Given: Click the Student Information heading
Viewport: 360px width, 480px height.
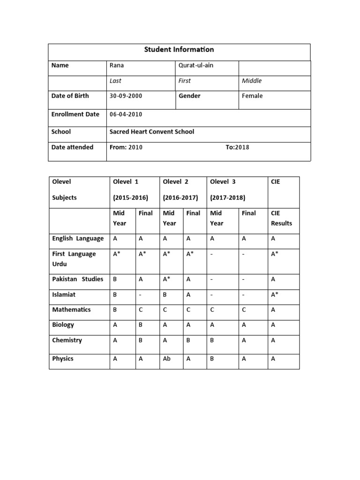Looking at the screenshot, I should pyautogui.click(x=179, y=50).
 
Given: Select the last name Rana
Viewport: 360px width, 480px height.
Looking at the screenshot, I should pyautogui.click(x=117, y=65).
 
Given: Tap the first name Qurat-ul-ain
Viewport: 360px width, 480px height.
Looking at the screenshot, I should pyautogui.click(x=195, y=65).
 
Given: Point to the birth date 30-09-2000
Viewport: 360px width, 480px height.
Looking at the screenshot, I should pyautogui.click(x=126, y=96).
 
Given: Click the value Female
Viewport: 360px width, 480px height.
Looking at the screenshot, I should pyautogui.click(x=252, y=96).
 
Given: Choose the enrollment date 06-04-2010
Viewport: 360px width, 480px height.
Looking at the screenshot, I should pyautogui.click(x=126, y=114).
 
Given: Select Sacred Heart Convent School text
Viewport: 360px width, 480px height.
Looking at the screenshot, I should pyautogui.click(x=151, y=132).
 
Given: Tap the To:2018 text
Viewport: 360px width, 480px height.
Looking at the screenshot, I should pyautogui.click(x=237, y=147).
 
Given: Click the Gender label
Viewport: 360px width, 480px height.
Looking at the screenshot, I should pyautogui.click(x=189, y=96).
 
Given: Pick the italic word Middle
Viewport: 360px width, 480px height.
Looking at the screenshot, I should pyautogui.click(x=252, y=81).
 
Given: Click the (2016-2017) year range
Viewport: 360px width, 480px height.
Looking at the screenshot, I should pyautogui.click(x=180, y=197).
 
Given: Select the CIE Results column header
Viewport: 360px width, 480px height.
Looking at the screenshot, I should pyautogui.click(x=281, y=218).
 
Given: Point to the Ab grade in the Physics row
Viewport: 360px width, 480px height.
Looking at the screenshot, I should pyautogui.click(x=167, y=359).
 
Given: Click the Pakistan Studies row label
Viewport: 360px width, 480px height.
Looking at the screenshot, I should pyautogui.click(x=77, y=279).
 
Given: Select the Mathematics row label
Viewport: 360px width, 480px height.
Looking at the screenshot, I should pyautogui.click(x=71, y=309).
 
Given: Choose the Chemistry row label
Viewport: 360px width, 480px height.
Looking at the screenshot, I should pyautogui.click(x=67, y=340).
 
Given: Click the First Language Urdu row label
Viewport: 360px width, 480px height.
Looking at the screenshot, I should pyautogui.click(x=74, y=259).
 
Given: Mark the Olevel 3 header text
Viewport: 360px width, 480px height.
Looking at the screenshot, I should pyautogui.click(x=223, y=181).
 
